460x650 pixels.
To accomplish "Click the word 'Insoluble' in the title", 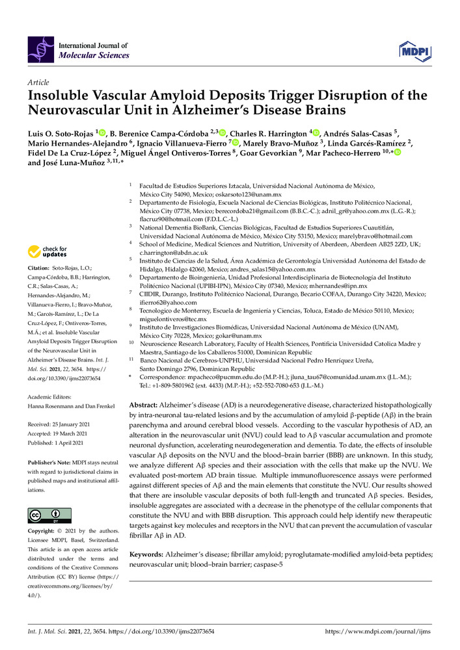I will (62, 96).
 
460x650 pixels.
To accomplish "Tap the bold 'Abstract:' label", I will (146, 404).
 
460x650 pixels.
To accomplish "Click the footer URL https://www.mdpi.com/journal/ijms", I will (378, 631).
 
